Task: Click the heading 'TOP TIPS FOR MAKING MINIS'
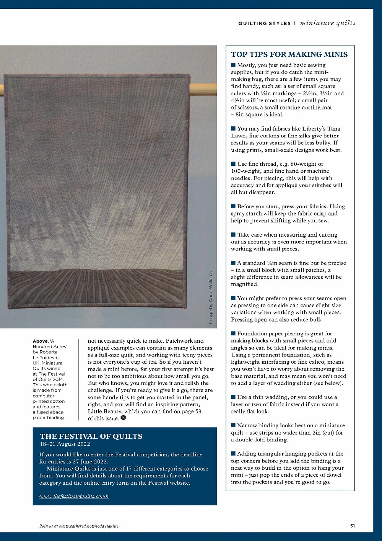[289, 54]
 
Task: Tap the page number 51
[352, 526]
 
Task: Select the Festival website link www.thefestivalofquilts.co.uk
[74, 496]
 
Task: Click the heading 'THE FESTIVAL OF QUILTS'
[91, 436]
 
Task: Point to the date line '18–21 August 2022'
[65, 444]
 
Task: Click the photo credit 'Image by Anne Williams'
[211, 297]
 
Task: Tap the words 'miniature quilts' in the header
[328, 23]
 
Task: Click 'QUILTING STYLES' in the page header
[264, 23]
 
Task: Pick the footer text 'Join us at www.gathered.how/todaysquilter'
[80, 526]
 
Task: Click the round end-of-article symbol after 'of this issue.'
[123, 418]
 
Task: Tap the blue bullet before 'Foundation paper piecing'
[233, 333]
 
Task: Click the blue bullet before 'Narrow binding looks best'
[233, 425]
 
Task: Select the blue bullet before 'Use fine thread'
[233, 164]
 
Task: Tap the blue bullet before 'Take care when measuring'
[233, 235]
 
